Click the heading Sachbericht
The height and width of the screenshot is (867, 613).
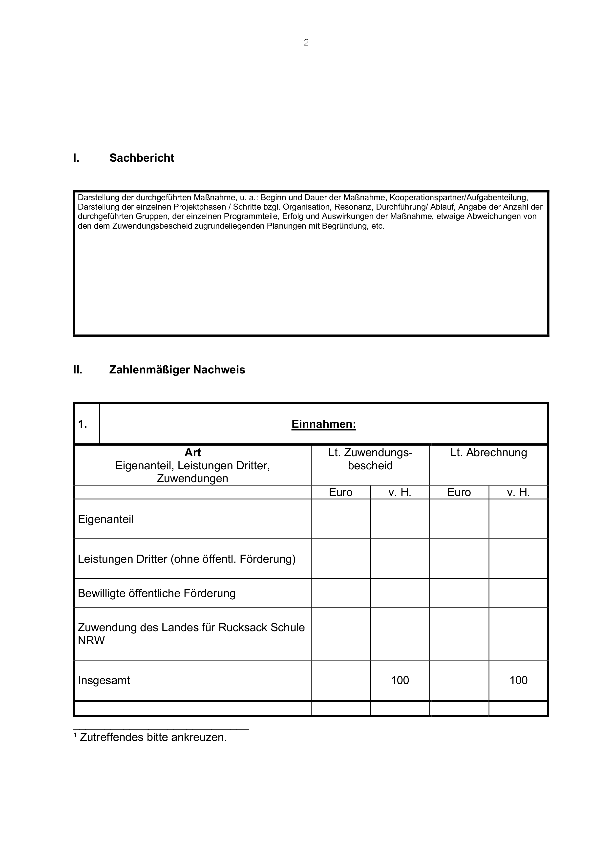click(x=142, y=158)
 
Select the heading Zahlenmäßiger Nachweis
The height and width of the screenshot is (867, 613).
click(x=177, y=370)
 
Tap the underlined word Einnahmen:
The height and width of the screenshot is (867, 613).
click(x=323, y=424)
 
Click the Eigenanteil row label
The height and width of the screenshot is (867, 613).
click(x=106, y=519)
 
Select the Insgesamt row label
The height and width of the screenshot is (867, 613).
click(x=104, y=680)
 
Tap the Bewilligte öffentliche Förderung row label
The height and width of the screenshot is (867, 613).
click(x=157, y=593)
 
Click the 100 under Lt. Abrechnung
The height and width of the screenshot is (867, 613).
click(x=518, y=680)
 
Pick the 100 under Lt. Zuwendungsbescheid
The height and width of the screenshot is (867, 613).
click(x=400, y=680)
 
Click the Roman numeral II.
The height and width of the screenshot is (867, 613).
click(x=78, y=370)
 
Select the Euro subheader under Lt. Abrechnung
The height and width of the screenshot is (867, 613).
click(x=459, y=492)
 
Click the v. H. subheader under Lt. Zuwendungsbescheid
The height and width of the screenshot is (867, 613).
click(x=400, y=492)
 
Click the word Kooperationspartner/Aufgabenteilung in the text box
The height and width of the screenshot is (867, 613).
click(x=459, y=197)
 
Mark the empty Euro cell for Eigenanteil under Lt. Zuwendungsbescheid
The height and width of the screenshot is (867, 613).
click(x=340, y=519)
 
